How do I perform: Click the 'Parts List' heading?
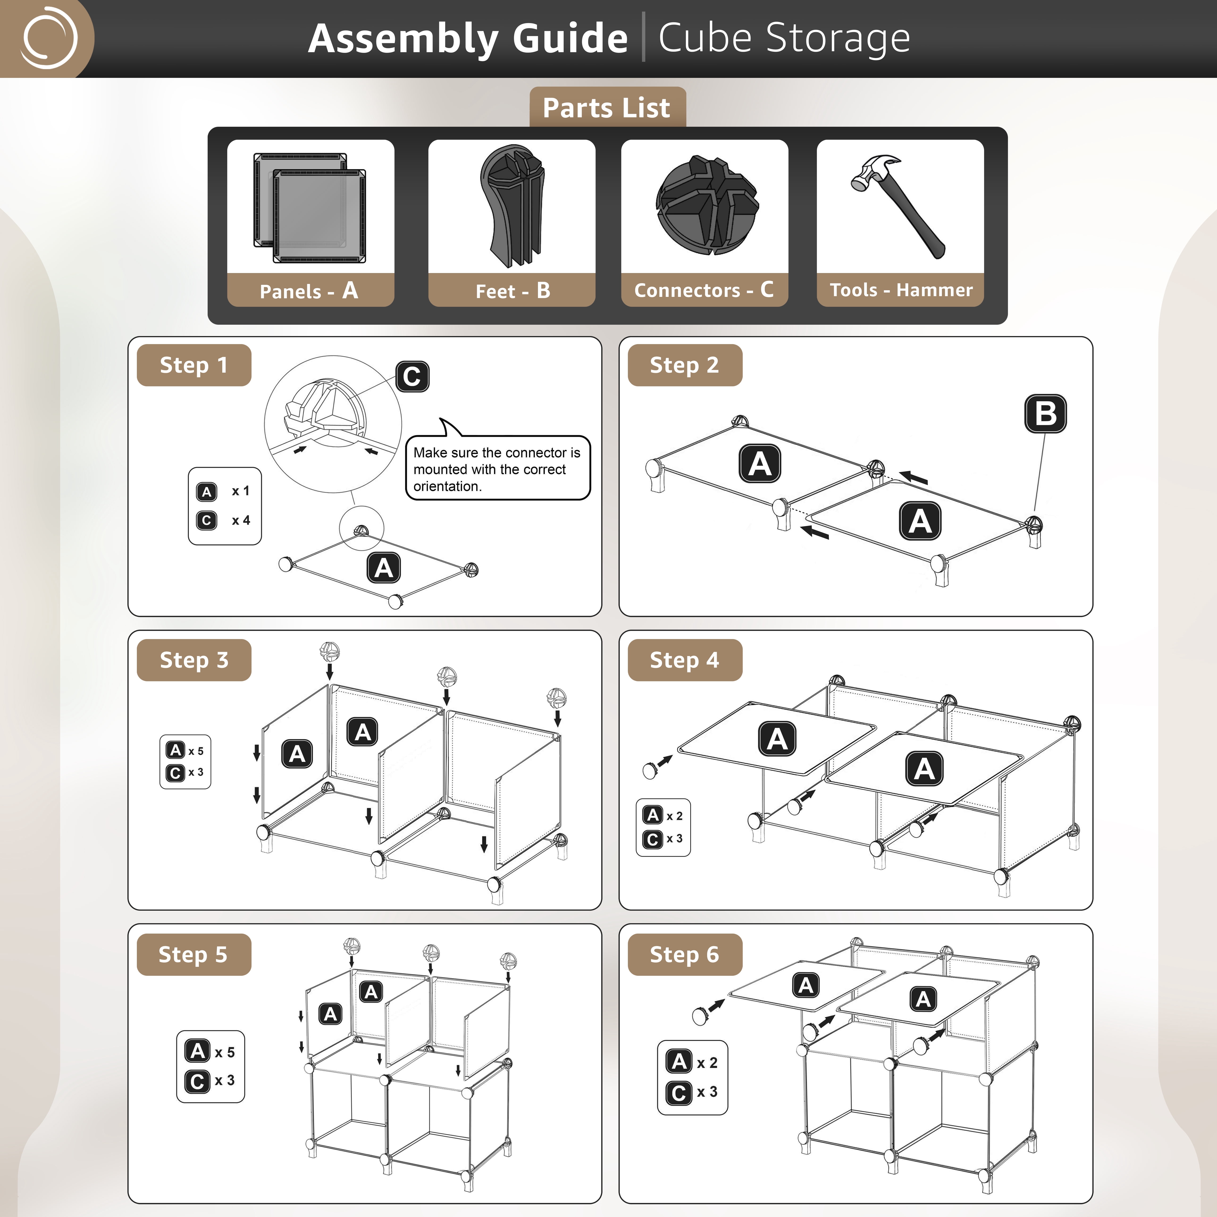point(607,108)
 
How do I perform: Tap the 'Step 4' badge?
point(685,660)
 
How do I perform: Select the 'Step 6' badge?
point(685,954)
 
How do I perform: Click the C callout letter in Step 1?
point(412,377)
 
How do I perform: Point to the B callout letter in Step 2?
point(1046,414)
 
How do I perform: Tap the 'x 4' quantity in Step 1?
point(241,520)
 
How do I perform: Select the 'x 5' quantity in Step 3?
point(196,751)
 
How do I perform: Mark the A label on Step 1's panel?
point(384,568)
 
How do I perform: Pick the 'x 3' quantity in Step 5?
point(224,1080)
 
